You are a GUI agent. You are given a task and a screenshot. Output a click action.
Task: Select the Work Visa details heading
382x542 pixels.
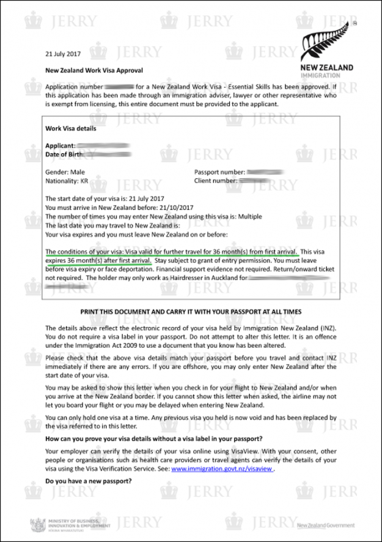(x=70, y=129)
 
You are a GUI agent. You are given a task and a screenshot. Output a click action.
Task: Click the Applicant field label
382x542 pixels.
(x=60, y=146)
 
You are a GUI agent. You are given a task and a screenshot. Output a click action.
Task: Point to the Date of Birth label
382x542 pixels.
(x=63, y=154)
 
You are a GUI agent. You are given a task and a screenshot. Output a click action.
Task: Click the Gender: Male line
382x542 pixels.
(x=65, y=173)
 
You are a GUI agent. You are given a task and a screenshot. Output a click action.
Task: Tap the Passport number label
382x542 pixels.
(x=219, y=173)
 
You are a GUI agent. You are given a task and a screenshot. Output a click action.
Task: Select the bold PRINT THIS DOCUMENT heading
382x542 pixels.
(x=191, y=312)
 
